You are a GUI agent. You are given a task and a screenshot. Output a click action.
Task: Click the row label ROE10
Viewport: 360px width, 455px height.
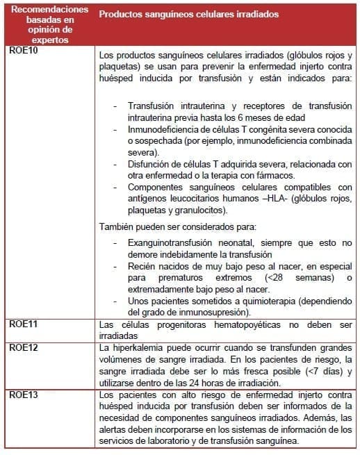[24, 51]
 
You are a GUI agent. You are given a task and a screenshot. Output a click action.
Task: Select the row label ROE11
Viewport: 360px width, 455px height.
[24, 324]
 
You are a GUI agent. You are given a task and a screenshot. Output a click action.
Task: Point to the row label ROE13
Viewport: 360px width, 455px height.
[24, 393]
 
